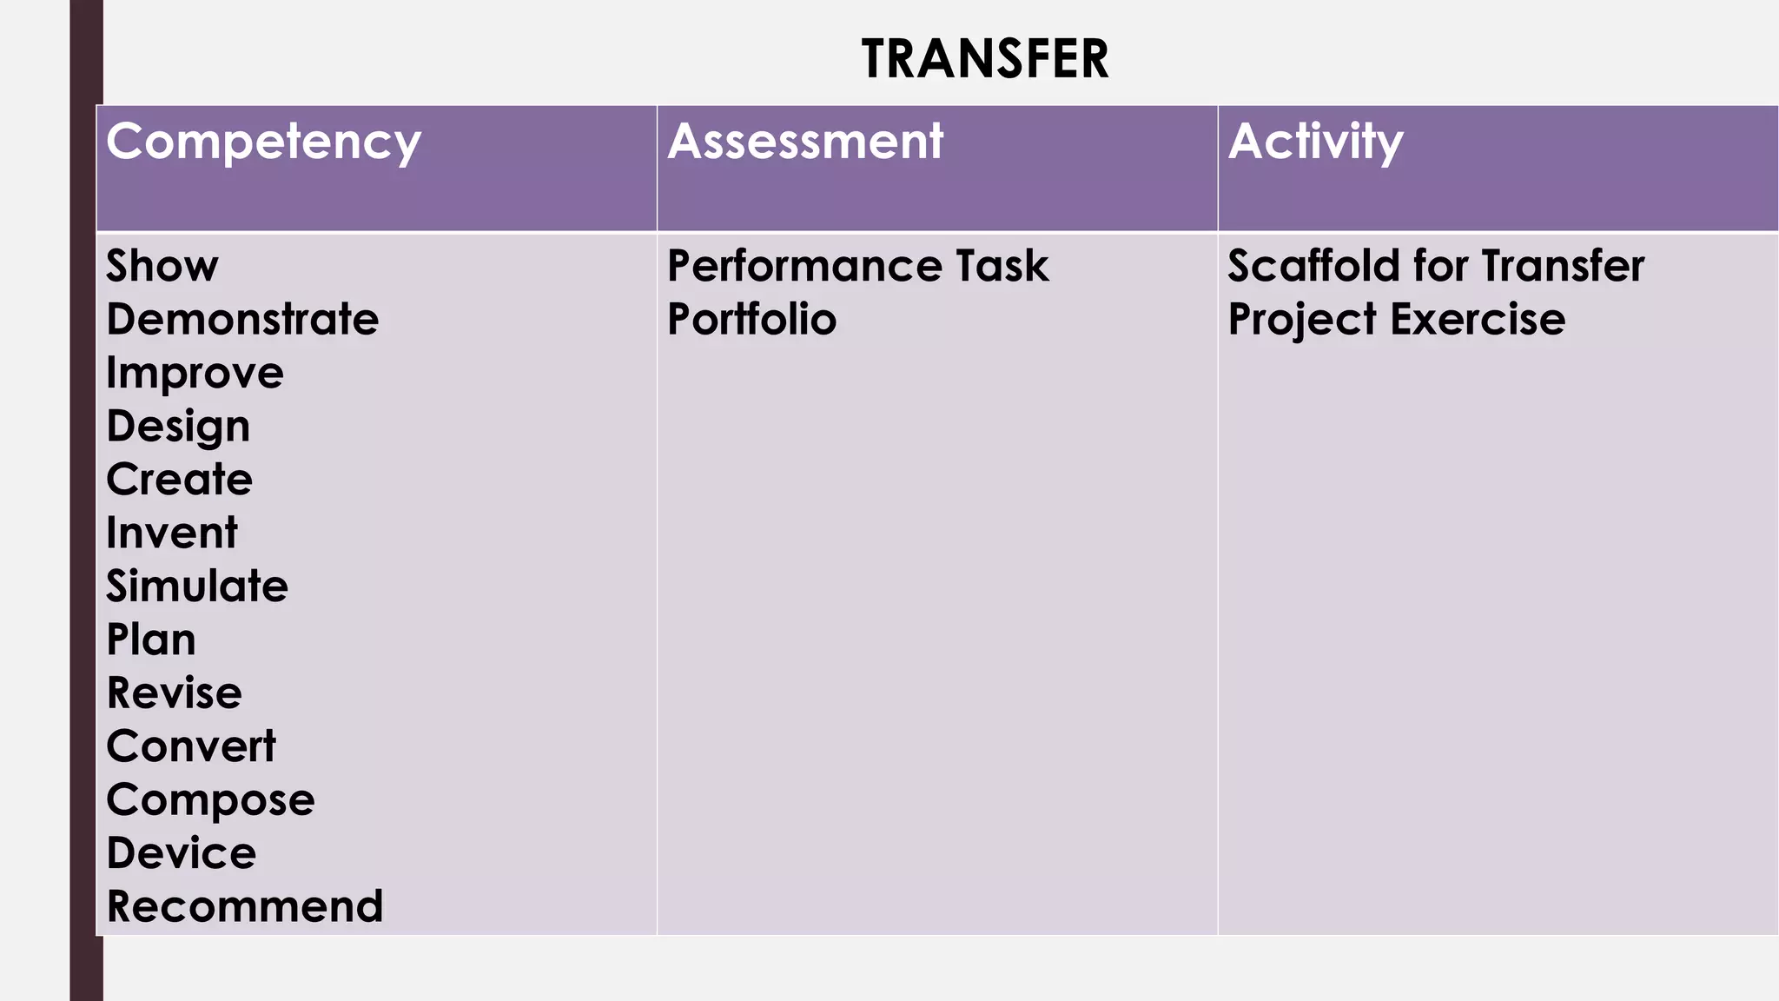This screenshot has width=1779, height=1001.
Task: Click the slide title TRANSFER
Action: (985, 59)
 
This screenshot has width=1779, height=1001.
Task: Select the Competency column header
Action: (263, 142)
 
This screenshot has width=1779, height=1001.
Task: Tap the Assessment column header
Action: (804, 142)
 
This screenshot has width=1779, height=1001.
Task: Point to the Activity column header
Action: (1315, 142)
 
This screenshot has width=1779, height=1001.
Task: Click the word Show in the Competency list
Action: (162, 266)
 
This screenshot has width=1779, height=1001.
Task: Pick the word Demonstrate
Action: (242, 320)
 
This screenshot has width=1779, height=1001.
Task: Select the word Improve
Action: (195, 374)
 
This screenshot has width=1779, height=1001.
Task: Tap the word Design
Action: (178, 427)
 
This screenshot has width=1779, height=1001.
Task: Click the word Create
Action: (179, 480)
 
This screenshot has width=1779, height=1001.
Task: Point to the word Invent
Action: (171, 533)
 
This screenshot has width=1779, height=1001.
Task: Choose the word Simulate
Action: (197, 587)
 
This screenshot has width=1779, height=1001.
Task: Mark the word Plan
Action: (151, 640)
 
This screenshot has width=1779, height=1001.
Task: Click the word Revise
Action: (174, 693)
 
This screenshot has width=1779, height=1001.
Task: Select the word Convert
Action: (191, 746)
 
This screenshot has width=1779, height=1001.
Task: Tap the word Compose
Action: (210, 800)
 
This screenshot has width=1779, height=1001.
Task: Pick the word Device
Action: (182, 853)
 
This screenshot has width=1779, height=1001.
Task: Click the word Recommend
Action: (244, 906)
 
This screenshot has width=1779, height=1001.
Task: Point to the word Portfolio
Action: (751, 320)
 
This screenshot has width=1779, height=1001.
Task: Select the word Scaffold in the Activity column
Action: (1313, 266)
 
